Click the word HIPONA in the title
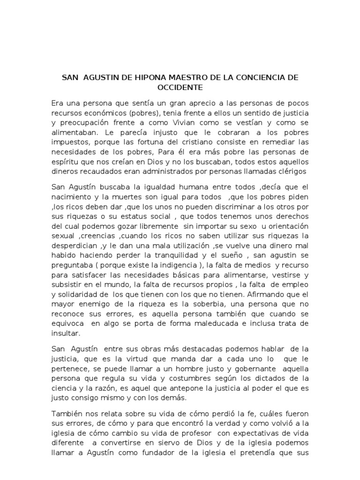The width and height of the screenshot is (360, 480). [x=139, y=77]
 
